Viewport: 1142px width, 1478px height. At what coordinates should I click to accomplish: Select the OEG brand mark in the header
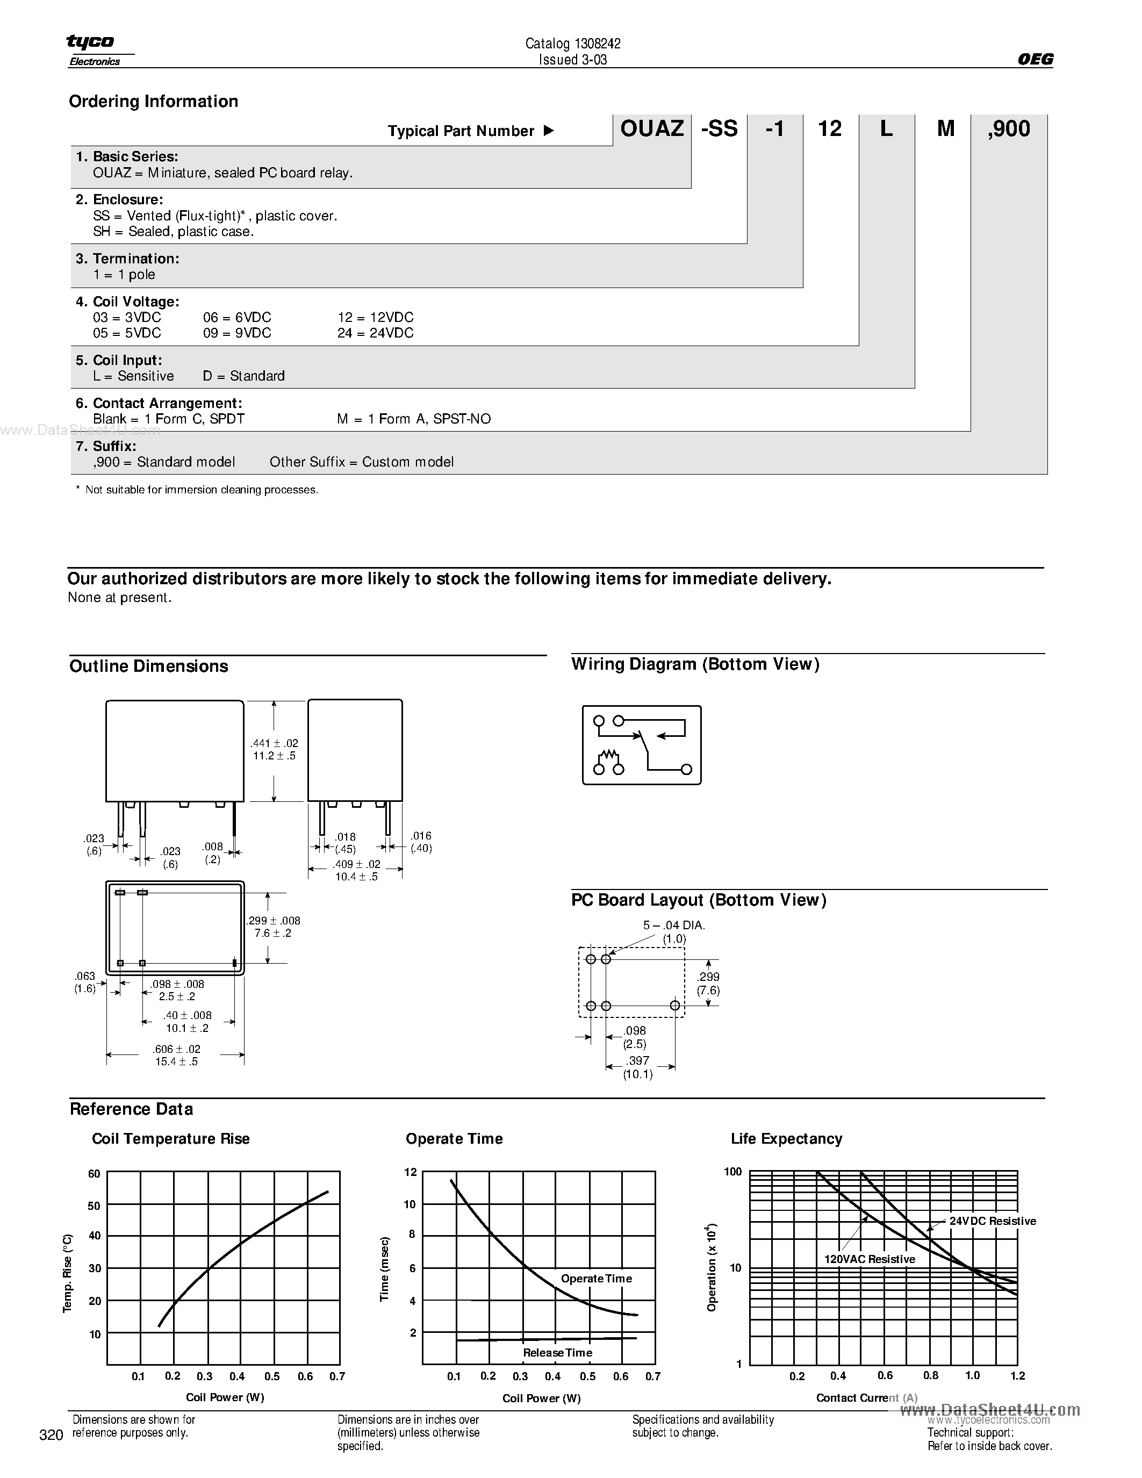[1035, 59]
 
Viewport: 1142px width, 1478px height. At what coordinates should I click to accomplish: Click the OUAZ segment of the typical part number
[651, 128]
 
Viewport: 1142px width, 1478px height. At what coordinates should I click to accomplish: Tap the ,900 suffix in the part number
[1008, 128]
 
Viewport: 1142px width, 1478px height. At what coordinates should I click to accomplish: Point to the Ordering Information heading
[154, 102]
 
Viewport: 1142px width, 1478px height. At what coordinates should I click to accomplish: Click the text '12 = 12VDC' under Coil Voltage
[376, 318]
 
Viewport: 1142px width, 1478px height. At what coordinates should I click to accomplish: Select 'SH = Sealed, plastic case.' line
[173, 232]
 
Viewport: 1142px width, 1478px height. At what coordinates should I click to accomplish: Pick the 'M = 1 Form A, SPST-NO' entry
[414, 419]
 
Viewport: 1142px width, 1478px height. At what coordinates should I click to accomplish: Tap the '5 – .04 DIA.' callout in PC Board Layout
[674, 925]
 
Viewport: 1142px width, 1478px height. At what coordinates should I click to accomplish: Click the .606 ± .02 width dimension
[177, 1049]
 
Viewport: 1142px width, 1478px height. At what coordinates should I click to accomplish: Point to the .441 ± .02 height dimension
[274, 743]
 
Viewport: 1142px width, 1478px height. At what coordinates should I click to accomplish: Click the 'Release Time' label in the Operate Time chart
[557, 1353]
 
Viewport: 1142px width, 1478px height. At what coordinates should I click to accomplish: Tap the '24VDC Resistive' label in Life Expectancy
[993, 1221]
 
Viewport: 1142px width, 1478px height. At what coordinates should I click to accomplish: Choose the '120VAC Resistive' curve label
[870, 1259]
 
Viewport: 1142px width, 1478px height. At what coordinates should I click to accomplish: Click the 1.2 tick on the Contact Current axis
[1017, 1376]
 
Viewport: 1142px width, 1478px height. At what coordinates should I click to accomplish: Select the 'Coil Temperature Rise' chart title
[170, 1139]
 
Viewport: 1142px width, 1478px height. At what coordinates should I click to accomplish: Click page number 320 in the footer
[52, 1436]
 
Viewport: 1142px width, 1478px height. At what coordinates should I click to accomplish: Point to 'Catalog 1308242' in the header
[573, 44]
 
